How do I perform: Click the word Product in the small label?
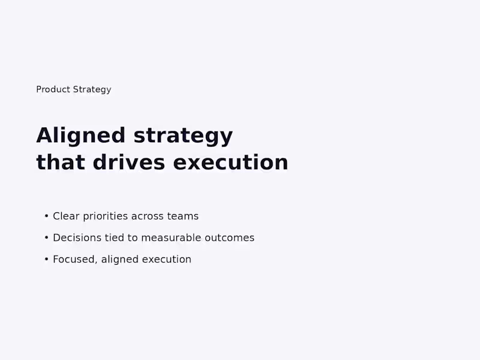[53, 89]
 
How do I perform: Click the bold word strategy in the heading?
[183, 136]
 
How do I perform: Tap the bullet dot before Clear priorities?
[46, 216]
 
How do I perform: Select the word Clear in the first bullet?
[66, 216]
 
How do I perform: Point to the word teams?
[182, 216]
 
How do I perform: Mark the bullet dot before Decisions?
[46, 238]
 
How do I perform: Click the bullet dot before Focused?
[46, 259]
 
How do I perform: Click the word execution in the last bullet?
[167, 259]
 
